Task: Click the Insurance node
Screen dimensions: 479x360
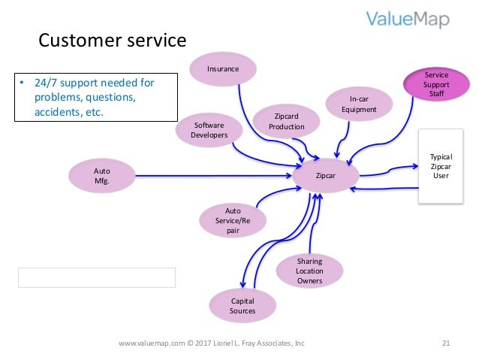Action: click(x=223, y=69)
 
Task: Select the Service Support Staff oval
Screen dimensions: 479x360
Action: click(x=436, y=84)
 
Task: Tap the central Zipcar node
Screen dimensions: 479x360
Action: click(x=326, y=176)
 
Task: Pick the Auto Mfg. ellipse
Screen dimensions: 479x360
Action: click(x=101, y=176)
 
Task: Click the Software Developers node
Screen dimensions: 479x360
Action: click(x=209, y=130)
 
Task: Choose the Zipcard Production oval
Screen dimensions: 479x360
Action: click(x=287, y=121)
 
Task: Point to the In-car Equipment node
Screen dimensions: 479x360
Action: click(x=359, y=104)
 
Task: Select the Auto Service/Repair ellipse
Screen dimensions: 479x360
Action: click(x=233, y=220)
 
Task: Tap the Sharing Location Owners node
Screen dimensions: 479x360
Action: click(x=309, y=271)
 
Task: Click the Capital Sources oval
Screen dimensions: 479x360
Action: click(x=243, y=306)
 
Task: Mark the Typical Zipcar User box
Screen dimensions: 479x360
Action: click(x=441, y=166)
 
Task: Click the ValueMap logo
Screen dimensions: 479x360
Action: click(x=408, y=20)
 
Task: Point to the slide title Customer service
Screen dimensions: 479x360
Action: click(x=113, y=40)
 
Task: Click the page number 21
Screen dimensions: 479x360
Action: click(x=446, y=343)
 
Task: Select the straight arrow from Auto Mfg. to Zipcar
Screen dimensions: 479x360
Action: click(x=213, y=176)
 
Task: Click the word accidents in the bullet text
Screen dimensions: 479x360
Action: click(x=59, y=112)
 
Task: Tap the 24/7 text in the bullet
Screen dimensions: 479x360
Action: click(x=46, y=83)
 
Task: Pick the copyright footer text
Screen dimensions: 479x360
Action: click(x=212, y=343)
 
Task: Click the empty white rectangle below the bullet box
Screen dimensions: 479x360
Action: click(x=97, y=278)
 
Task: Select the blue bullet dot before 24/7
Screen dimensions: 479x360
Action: click(x=22, y=82)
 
